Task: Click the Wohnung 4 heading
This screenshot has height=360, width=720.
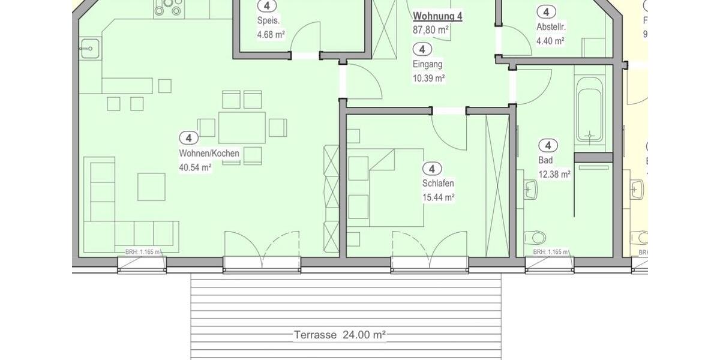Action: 437,16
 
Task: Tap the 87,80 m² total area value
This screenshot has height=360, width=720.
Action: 431,29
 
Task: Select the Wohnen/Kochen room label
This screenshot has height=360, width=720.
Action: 209,154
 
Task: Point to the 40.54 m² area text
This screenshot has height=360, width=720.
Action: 195,168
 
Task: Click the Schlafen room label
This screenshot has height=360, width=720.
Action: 438,184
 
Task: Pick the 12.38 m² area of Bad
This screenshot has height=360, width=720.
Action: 554,175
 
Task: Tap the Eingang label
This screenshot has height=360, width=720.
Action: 427,64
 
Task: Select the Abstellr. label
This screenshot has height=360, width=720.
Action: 551,27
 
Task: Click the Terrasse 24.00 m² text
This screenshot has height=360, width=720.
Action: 339,334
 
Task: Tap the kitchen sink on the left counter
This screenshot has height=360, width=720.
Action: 89,48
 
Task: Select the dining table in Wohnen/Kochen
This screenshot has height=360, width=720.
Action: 242,127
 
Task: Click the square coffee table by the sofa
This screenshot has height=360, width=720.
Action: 151,187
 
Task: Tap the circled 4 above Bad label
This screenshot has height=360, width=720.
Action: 548,145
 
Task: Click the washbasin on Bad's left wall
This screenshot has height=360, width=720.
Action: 530,190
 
